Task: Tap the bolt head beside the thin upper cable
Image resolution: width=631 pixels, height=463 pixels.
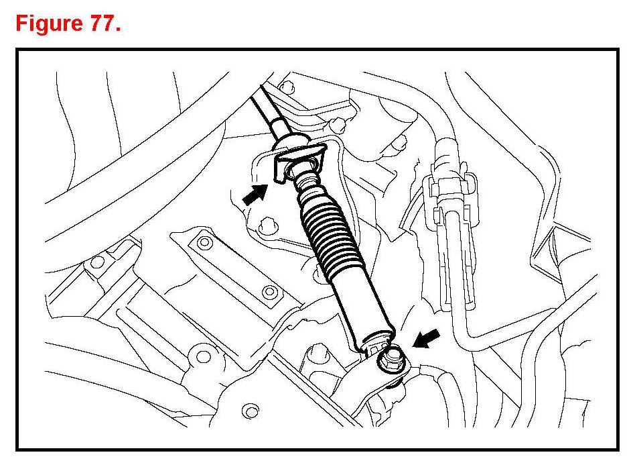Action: point(287,87)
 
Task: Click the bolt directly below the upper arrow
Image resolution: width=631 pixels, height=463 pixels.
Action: point(270,224)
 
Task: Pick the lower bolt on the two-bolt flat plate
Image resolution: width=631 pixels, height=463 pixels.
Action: point(269,292)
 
